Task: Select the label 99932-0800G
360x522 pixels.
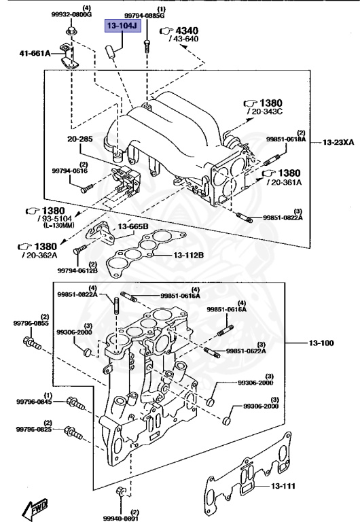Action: (71, 14)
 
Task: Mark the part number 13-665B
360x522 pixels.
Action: (133, 226)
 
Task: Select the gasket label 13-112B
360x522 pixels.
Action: (187, 256)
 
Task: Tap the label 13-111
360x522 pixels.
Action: (285, 486)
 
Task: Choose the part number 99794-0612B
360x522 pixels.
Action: (77, 271)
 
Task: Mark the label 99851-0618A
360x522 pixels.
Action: (286, 139)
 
